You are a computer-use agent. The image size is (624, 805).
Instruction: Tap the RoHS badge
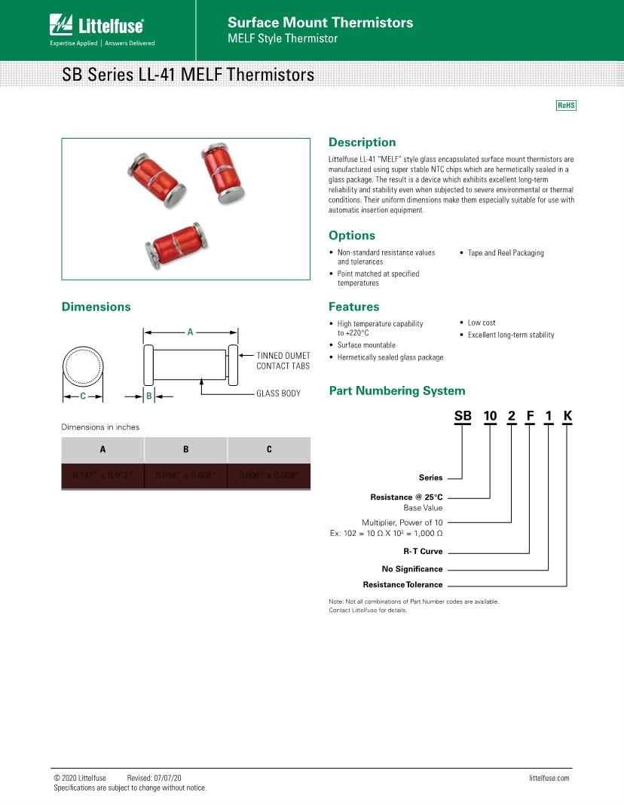pos(566,106)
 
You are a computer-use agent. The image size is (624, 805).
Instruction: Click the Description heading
pos(362,142)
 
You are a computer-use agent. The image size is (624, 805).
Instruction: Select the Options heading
pos(351,236)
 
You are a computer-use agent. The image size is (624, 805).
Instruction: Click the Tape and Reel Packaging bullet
pos(505,253)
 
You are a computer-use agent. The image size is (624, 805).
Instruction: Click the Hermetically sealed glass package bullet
pos(390,357)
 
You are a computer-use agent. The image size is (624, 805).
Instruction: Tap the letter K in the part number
pos(567,416)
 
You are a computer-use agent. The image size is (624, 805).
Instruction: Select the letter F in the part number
pos(530,416)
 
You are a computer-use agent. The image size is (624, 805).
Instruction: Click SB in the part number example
pos(461,416)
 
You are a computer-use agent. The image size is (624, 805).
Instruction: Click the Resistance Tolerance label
pos(402,585)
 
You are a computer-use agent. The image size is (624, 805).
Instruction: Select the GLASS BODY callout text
pos(278,393)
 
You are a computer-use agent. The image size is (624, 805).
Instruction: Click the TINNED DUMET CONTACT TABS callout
pos(283,360)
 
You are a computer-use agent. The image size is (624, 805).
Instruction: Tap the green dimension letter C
pos(83,395)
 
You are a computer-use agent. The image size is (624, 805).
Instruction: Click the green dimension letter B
pos(149,395)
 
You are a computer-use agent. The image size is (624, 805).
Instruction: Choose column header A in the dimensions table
pos(102,450)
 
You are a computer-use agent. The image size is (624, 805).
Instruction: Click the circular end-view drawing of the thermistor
pos(83,366)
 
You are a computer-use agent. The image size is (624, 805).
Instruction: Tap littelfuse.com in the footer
pos(549,778)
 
